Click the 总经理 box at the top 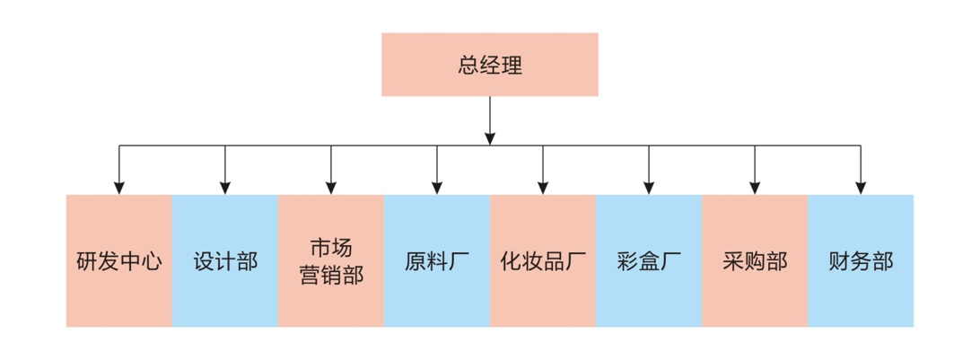[x=489, y=65]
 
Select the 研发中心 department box [x=118, y=261]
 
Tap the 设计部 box [x=224, y=261]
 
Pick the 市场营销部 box [x=331, y=261]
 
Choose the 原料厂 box [x=437, y=261]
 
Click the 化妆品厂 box [x=543, y=261]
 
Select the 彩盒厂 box [x=649, y=261]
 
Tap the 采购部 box [x=755, y=261]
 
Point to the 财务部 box [x=861, y=261]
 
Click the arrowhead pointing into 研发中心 [x=118, y=188]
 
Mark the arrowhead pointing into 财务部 [x=861, y=188]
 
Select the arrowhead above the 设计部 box [x=224, y=188]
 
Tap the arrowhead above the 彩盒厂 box [x=649, y=188]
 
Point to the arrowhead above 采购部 [x=755, y=188]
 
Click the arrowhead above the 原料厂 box [x=437, y=188]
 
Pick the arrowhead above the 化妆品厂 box [x=543, y=188]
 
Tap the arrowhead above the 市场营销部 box [x=331, y=188]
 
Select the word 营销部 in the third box [x=331, y=275]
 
